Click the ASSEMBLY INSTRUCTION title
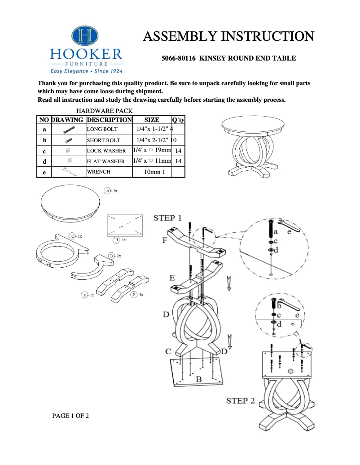coord(228,36)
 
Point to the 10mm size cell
coord(152,172)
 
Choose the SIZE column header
coord(152,120)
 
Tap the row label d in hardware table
coord(44,161)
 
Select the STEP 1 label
coord(167,218)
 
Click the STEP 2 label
coord(240,400)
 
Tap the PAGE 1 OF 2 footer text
coord(70,416)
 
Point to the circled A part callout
coord(108,191)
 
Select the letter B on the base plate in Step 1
coord(198,379)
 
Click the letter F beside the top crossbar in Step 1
coord(164,241)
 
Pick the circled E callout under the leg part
coord(84,295)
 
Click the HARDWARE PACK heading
coord(104,111)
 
